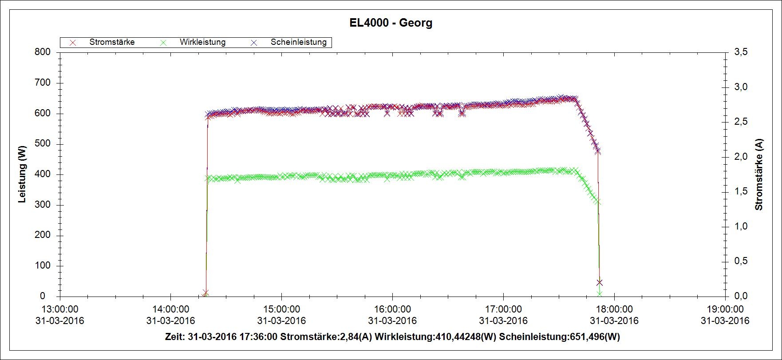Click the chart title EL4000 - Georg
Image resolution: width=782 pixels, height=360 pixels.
tap(391, 23)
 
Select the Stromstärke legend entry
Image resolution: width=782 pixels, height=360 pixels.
tap(112, 42)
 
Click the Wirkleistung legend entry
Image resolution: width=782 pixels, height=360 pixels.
tap(202, 42)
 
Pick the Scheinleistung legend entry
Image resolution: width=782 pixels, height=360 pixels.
tap(298, 42)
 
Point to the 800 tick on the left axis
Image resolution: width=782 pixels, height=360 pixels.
tap(43, 52)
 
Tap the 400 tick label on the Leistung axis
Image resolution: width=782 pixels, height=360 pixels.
tap(43, 174)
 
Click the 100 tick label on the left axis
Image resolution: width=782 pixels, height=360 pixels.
tap(43, 265)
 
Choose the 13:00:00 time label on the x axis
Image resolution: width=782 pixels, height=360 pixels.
tap(59, 309)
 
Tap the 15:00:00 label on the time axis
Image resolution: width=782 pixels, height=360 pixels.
tap(281, 309)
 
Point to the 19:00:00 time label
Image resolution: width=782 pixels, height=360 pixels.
tap(725, 309)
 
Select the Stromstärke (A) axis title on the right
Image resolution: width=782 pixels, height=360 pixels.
tap(759, 174)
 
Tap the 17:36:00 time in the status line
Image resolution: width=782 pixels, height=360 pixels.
tap(259, 337)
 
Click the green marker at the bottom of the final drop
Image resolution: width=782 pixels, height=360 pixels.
tap(600, 293)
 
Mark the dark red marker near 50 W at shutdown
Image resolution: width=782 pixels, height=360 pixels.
tap(600, 282)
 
